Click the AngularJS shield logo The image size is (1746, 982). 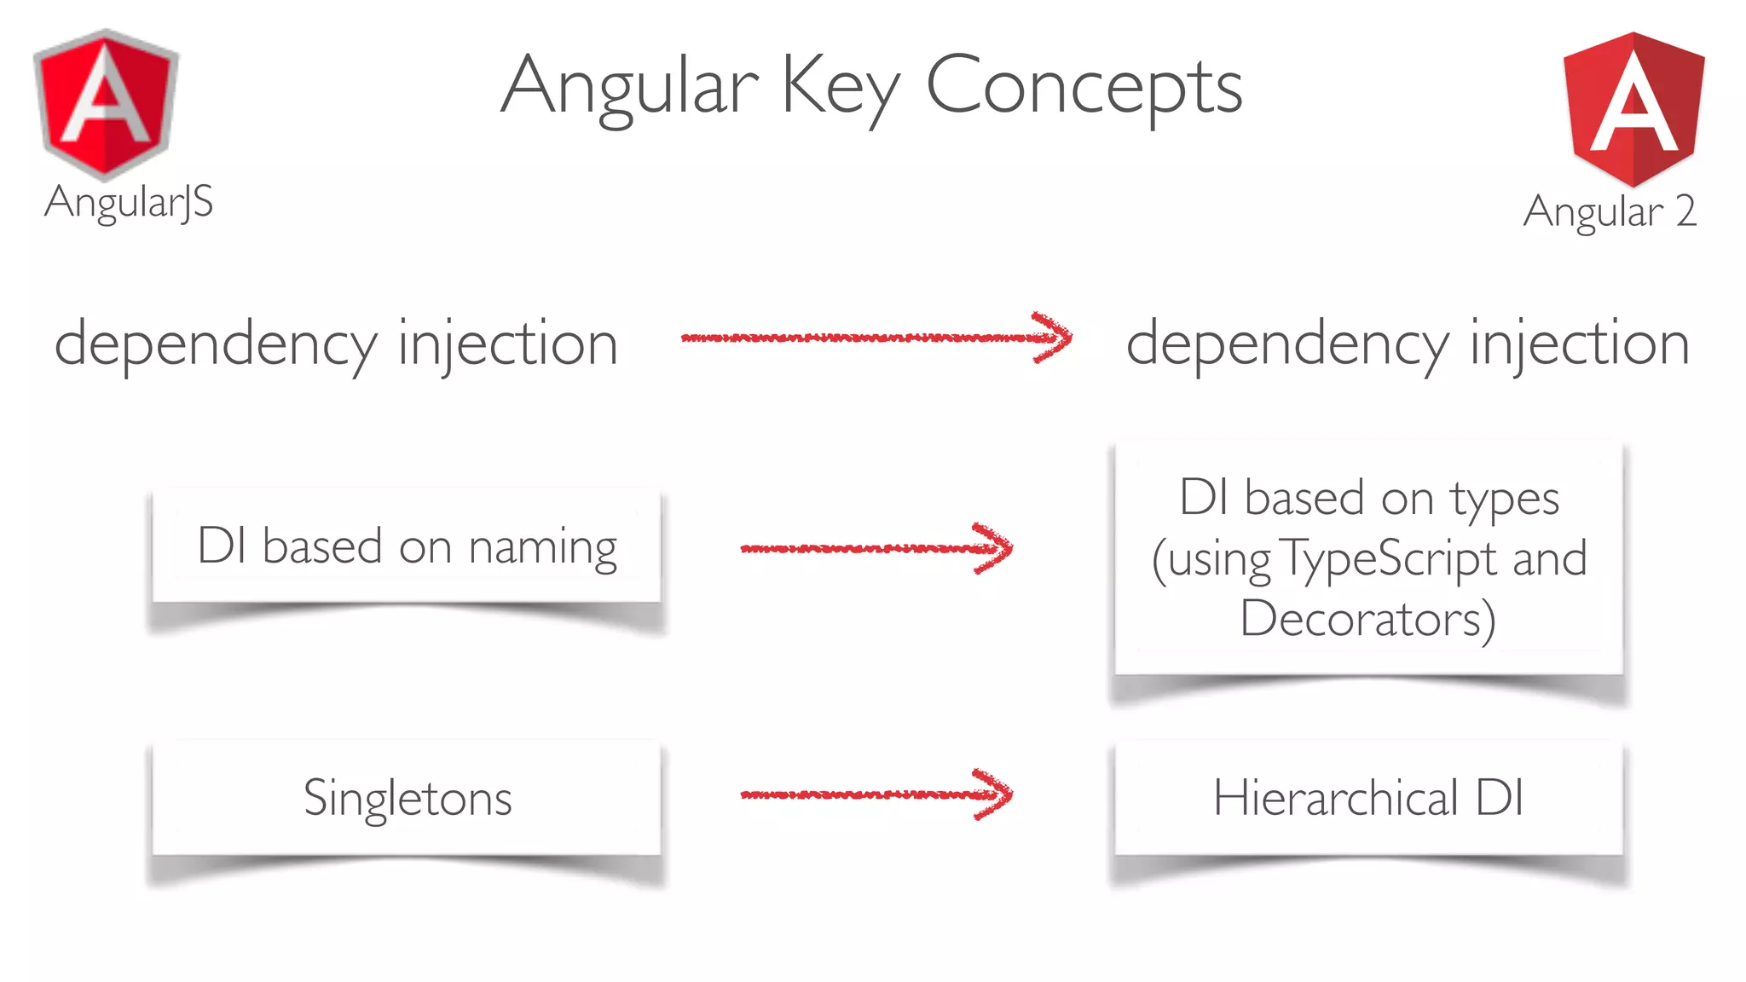[106, 104]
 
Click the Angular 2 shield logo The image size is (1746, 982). [1633, 108]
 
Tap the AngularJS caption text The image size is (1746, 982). [129, 203]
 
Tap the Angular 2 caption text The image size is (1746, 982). [1610, 211]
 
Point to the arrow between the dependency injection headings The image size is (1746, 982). [876, 338]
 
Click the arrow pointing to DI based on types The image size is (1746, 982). [876, 547]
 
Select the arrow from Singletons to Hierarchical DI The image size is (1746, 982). [876, 794]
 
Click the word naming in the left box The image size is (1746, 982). [543, 547]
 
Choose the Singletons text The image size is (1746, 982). [408, 799]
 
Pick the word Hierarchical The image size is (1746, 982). [1336, 798]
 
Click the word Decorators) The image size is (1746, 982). [1367, 619]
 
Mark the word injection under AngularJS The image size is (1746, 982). [508, 344]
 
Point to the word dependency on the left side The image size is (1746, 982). [216, 344]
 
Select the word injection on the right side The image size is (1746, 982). [1580, 344]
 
